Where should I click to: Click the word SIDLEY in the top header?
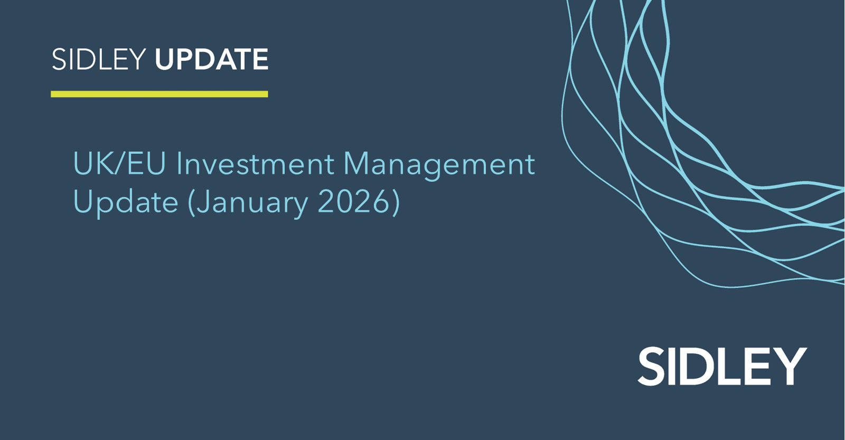[x=99, y=59]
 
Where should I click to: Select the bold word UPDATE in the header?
[x=212, y=59]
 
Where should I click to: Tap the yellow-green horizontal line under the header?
[x=159, y=94]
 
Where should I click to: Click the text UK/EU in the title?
[x=119, y=164]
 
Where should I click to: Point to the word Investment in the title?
[x=256, y=164]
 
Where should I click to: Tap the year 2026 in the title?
[x=353, y=201]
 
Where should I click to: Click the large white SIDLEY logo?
[x=722, y=366]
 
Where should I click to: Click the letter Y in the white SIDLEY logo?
[x=790, y=366]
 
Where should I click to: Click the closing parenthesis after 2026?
[x=396, y=203]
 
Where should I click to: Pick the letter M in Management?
[x=356, y=164]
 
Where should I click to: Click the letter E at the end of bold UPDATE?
[x=261, y=59]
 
